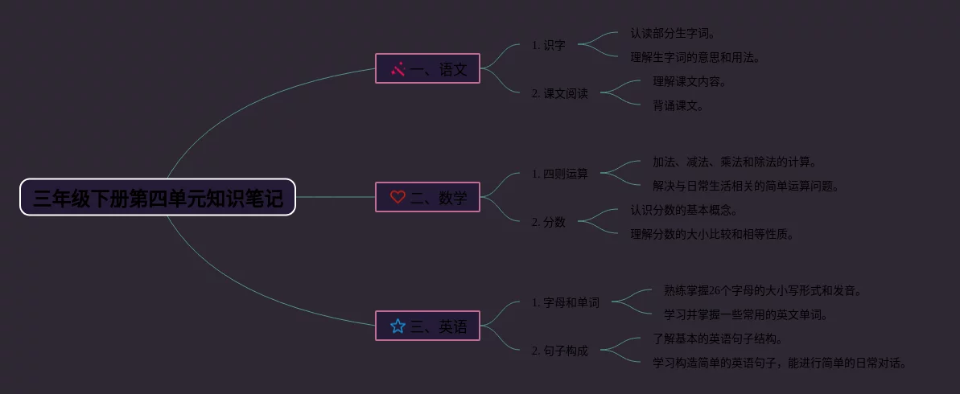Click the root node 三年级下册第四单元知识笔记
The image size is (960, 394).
click(158, 198)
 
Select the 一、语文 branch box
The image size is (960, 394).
click(428, 69)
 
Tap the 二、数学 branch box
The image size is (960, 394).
click(428, 198)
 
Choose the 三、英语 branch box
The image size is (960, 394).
click(428, 326)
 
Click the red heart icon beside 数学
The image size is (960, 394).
click(398, 198)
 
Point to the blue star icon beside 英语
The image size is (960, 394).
click(398, 326)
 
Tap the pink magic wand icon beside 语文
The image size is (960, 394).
click(398, 69)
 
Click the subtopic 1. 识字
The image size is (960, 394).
click(548, 45)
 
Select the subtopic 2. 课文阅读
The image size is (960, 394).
click(559, 93)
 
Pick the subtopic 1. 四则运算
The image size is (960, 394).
click(559, 174)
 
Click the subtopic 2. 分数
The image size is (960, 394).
click(548, 222)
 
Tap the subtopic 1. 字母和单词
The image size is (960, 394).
click(565, 302)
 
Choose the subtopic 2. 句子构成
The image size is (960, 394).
click(559, 351)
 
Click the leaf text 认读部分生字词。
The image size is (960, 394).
click(673, 34)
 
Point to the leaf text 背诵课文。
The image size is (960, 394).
click(678, 105)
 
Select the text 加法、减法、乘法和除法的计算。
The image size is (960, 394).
click(735, 162)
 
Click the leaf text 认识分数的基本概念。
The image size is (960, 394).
click(684, 211)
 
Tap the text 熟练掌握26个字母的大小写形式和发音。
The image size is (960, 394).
click(763, 290)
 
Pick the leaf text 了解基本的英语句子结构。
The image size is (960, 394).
click(718, 339)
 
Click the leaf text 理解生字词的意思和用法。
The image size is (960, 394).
click(695, 58)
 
